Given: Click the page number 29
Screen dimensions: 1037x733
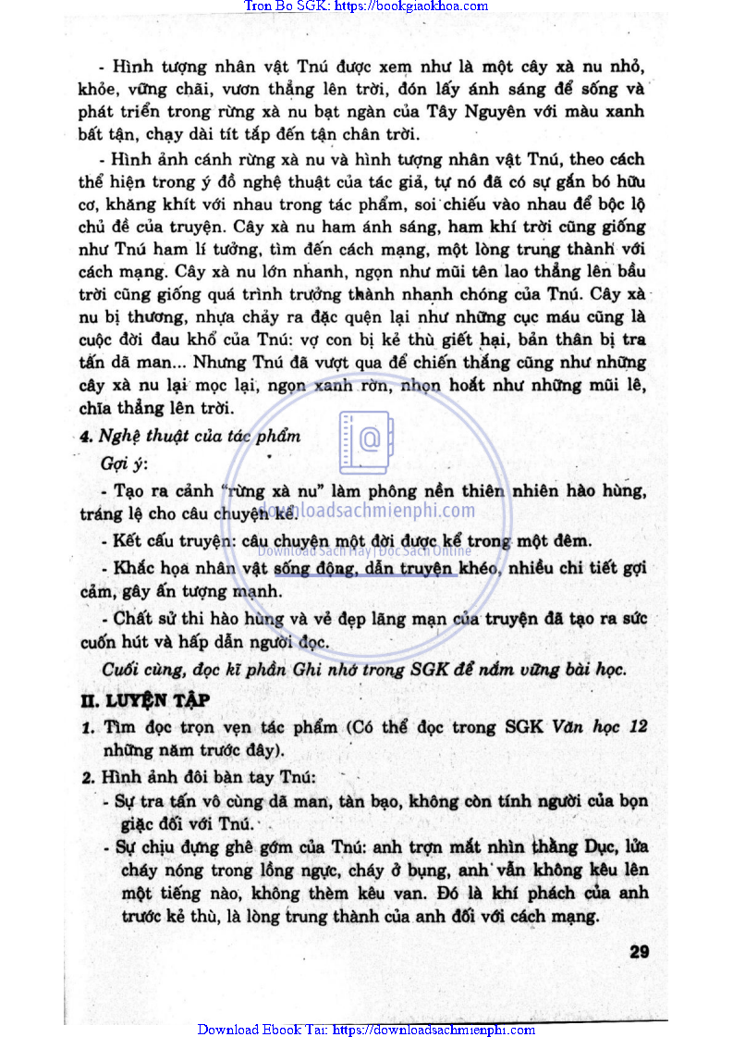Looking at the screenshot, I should pos(639,952).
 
